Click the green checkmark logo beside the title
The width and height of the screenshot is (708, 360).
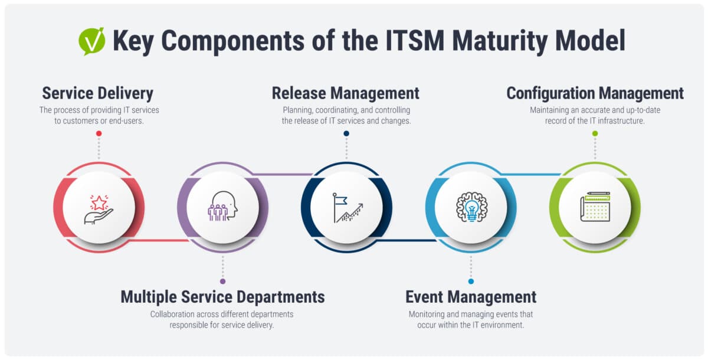(x=91, y=41)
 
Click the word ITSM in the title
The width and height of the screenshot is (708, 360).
(x=415, y=41)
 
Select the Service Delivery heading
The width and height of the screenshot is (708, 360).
(x=98, y=93)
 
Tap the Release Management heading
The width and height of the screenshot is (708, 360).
(x=346, y=93)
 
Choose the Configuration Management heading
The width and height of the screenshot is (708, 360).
(x=595, y=93)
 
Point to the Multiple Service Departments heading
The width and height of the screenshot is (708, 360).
(x=222, y=297)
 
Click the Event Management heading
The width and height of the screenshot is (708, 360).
(x=471, y=297)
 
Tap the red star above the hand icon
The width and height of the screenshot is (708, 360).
(x=99, y=202)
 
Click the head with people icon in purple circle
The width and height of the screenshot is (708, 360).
(x=222, y=206)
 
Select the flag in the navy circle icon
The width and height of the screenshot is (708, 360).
(x=340, y=201)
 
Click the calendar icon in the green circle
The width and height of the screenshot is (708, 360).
(x=595, y=207)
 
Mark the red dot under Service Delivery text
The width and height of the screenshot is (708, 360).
(x=99, y=133)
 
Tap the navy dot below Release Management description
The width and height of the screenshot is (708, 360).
(x=346, y=133)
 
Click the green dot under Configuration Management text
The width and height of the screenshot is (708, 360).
(x=595, y=133)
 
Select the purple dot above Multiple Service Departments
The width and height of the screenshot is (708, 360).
(x=223, y=282)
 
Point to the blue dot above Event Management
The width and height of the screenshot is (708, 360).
(x=471, y=282)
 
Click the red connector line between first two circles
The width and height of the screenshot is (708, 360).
(x=159, y=241)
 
